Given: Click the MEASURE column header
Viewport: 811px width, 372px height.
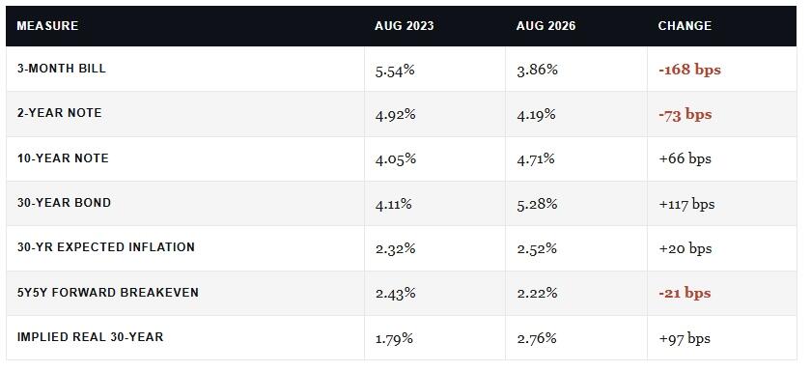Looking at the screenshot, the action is (47, 26).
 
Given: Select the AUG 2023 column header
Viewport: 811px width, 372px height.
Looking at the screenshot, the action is (405, 26).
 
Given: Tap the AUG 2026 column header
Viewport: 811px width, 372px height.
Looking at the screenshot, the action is (545, 26).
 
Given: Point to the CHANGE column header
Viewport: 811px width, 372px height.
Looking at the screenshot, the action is (685, 26).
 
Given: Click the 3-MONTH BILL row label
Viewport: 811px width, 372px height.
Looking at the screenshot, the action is (62, 69).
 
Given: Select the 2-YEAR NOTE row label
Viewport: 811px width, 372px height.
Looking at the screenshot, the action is (60, 113).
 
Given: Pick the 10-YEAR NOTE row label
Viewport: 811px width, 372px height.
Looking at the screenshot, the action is (63, 158).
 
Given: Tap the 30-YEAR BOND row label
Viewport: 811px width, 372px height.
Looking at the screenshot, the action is (64, 203).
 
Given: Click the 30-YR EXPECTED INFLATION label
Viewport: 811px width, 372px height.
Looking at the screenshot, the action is (106, 247).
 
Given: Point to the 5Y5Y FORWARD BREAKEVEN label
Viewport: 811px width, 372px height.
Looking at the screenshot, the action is (108, 293).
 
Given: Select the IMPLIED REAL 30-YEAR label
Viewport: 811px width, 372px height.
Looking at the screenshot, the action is (91, 337).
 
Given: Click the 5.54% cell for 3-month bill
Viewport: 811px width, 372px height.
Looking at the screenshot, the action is (395, 70).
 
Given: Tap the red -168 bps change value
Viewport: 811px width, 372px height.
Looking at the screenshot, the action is (689, 70).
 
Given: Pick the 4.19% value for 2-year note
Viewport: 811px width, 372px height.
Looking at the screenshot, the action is (537, 114).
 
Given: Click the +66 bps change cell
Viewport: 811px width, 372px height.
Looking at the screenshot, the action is (685, 159).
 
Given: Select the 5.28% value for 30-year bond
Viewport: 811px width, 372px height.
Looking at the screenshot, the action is (537, 204).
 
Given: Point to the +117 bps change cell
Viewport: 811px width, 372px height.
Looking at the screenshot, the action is (686, 205).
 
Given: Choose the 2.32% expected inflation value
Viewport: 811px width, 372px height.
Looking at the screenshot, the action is (396, 249).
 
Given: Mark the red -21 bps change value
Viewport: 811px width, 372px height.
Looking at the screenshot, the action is (685, 294).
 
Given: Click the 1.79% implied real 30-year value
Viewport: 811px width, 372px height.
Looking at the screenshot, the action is (394, 339).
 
